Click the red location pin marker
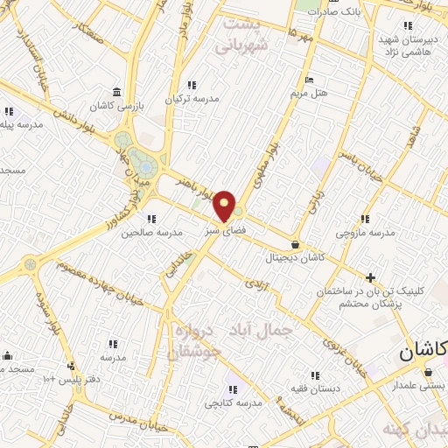(x=225, y=205)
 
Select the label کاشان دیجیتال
(x=297, y=258)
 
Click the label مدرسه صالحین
(x=150, y=233)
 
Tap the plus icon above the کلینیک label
(x=371, y=277)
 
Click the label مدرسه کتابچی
(x=234, y=403)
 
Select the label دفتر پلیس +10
(x=73, y=379)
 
